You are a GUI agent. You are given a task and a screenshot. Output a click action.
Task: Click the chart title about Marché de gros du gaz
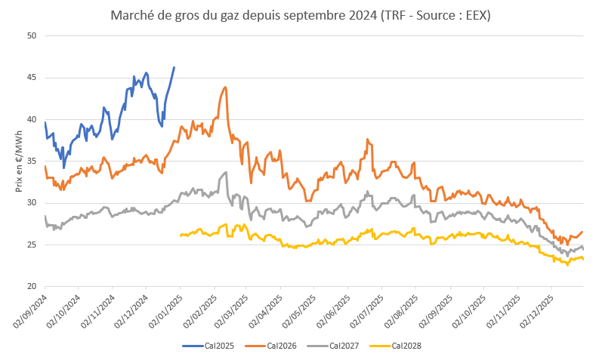[x=301, y=16]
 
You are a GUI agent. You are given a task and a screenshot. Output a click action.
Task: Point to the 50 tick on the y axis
[x=31, y=35]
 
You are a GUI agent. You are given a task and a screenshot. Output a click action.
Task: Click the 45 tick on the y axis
[x=31, y=77]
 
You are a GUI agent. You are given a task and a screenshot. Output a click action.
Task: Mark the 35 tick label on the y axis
[x=31, y=161]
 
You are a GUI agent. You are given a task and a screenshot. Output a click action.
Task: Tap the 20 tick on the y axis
[x=31, y=287]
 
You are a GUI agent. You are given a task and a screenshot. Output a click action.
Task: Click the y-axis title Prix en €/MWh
[x=18, y=161]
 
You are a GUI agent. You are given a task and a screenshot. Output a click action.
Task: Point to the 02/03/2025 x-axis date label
[x=228, y=311]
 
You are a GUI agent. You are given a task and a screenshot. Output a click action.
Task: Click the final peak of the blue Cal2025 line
[x=174, y=67]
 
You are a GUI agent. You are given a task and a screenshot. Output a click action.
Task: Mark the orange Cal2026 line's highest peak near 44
[x=226, y=87]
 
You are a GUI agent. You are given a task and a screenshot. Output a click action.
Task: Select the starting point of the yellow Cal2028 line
[x=181, y=235]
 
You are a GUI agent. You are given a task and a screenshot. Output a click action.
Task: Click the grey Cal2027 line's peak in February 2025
[x=226, y=173]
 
